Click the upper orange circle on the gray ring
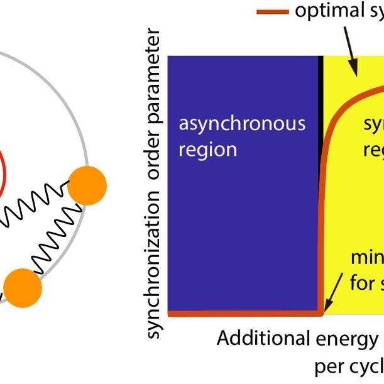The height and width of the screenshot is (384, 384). tap(87, 185)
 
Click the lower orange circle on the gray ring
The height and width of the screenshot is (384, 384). tap(22, 287)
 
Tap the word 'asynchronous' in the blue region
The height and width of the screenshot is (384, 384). tap(242, 123)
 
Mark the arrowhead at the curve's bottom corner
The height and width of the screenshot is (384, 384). tap(327, 306)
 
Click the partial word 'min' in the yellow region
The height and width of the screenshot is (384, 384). tap(367, 258)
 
